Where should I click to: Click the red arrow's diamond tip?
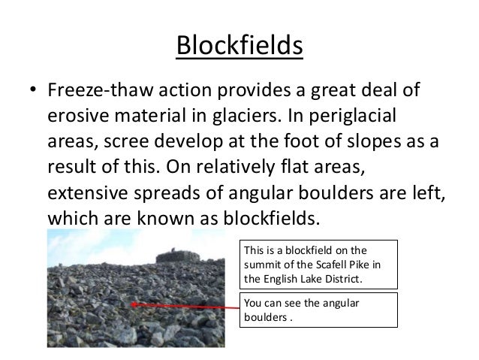[x=134, y=304]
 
